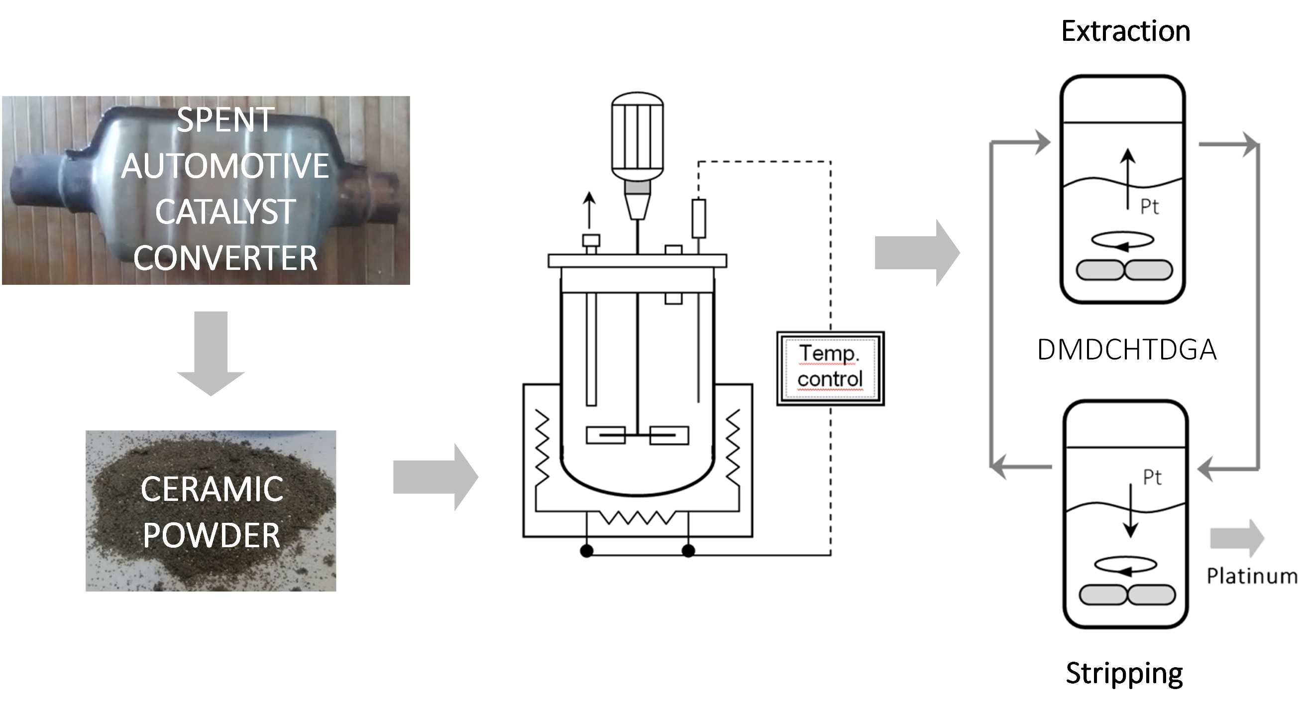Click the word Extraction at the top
1125,31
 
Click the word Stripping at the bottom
1124,674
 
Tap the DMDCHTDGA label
1126,350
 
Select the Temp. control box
830,368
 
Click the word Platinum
1251,577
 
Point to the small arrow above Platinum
1236,538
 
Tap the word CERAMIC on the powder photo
212,489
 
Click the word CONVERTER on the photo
225,258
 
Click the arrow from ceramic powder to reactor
436,477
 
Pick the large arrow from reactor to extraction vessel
917,253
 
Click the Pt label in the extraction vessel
1150,207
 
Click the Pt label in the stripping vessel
1152,477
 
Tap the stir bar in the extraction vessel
1124,270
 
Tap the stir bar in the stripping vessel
1127,595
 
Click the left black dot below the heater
586,551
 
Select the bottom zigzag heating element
637,518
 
